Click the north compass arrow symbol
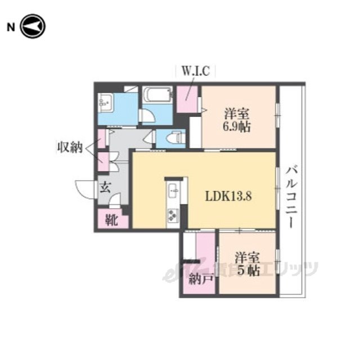[33, 26]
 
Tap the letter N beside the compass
[11, 28]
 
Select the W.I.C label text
[196, 71]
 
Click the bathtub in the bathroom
[157, 94]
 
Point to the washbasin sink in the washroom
[105, 102]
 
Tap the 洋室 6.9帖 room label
[237, 120]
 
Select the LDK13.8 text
[228, 196]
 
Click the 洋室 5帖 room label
[247, 264]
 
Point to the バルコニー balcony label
[291, 197]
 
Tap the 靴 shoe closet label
[111, 220]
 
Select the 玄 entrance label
[105, 187]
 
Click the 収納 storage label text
[70, 147]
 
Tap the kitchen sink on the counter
[174, 190]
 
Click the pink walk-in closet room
[187, 99]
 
